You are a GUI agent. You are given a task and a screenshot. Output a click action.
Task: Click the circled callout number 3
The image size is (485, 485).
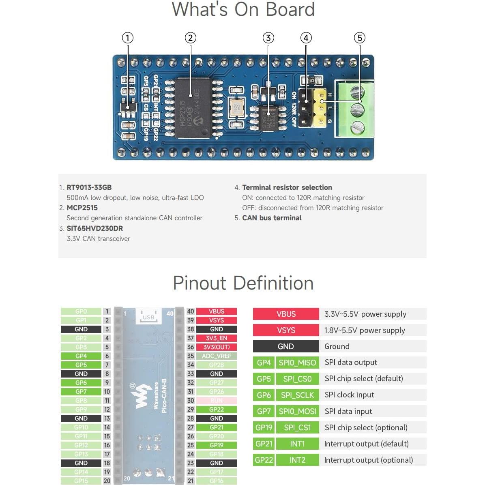268,38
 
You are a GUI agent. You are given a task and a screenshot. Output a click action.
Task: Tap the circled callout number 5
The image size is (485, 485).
359,38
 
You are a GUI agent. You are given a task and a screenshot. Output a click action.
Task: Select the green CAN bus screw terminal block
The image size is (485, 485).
354,109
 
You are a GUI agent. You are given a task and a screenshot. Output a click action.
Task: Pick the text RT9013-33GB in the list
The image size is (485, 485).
89,187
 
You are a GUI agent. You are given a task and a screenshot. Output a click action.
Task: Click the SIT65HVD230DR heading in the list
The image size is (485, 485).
95,228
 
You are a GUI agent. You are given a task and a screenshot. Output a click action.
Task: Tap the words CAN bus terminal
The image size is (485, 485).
272,218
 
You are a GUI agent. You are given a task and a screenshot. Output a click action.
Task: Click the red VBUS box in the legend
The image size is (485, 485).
286,314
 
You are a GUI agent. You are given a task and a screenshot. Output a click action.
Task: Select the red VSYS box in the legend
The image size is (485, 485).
286,330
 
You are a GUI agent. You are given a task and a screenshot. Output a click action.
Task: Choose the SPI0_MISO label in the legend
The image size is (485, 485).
297,363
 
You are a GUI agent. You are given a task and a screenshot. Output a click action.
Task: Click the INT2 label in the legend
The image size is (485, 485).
297,460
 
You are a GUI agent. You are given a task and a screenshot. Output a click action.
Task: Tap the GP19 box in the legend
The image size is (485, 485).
264,427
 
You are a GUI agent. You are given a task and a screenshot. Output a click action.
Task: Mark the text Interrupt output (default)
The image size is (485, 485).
366,444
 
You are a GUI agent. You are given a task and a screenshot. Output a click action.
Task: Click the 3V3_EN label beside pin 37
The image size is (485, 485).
217,338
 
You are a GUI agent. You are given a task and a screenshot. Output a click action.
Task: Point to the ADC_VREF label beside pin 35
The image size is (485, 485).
217,356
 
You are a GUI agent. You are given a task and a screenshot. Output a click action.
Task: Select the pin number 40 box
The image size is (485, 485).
191,311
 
